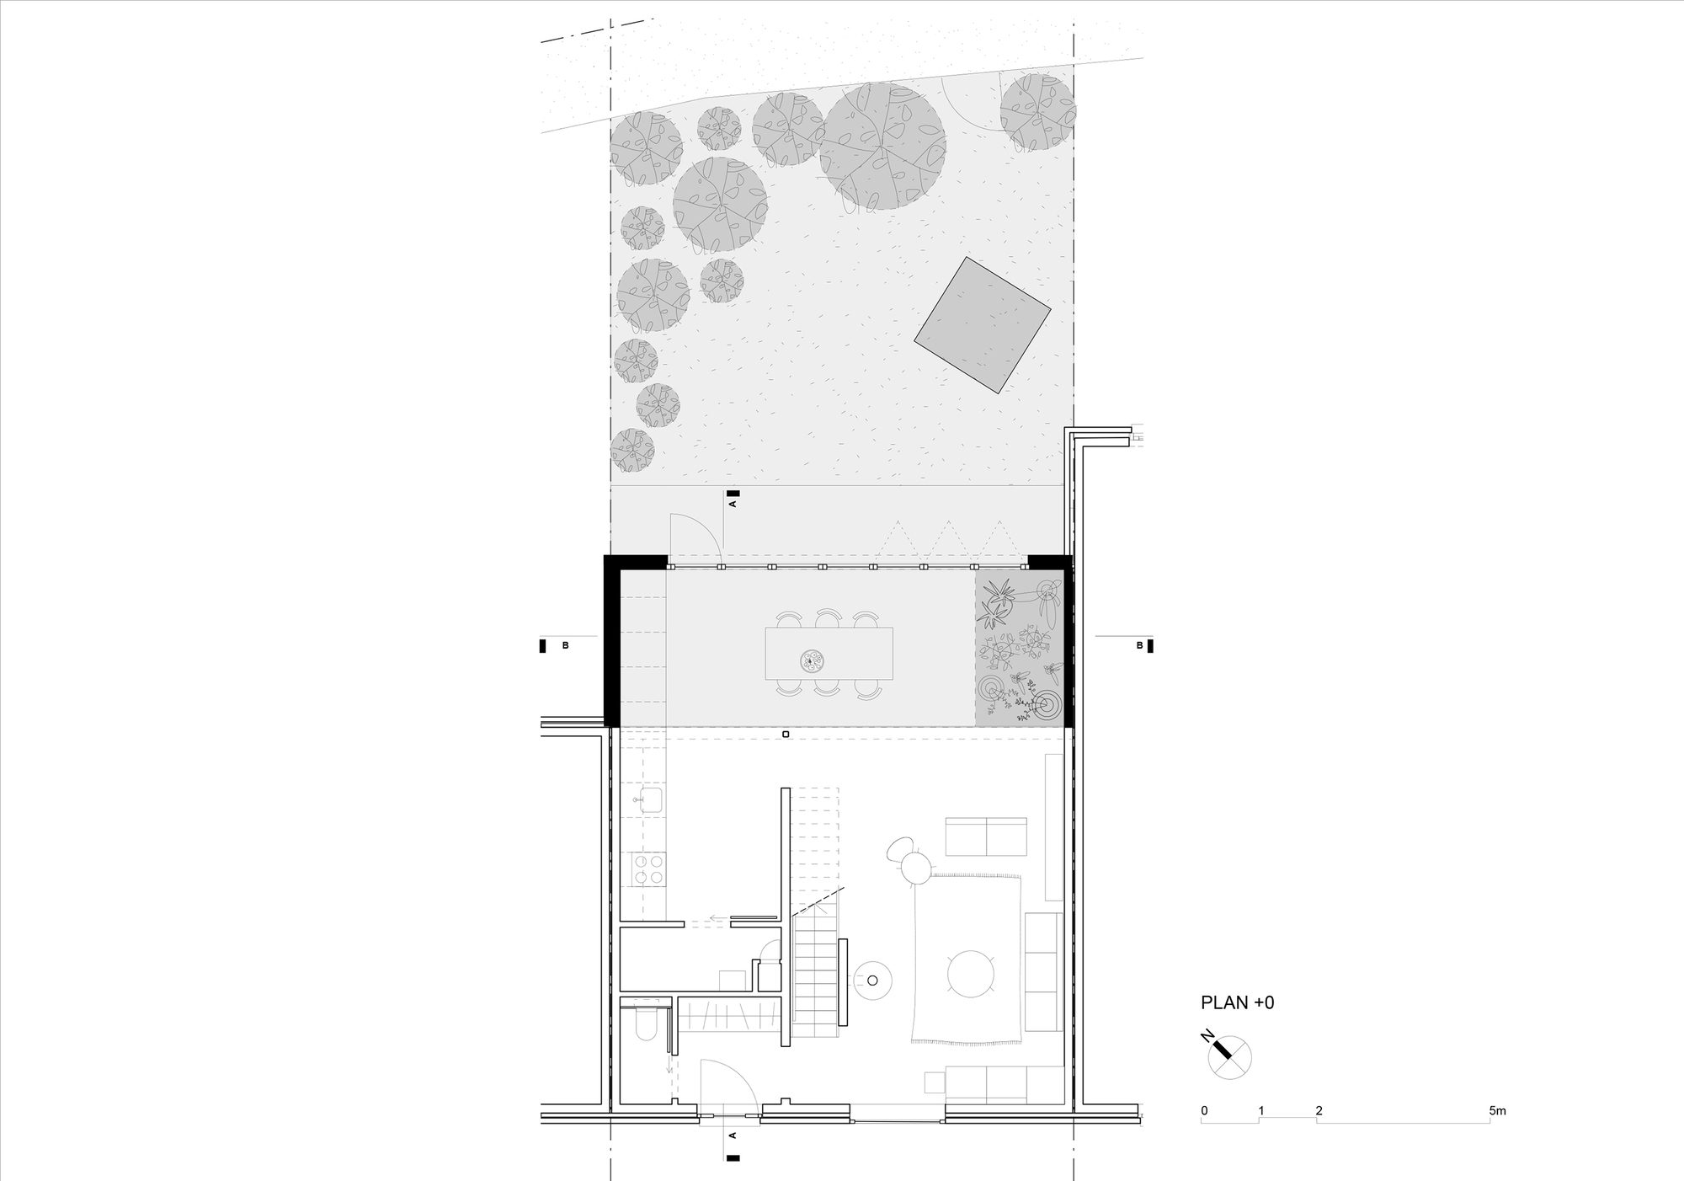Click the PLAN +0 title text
pos(1237,1002)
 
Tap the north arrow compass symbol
pos(1229,1056)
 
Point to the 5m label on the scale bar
pos(1497,1111)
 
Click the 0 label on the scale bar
pos(1204,1111)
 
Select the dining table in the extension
pos(829,653)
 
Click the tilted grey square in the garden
pos(983,325)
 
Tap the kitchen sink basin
pos(652,799)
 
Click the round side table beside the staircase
pos(873,980)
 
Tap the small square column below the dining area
pos(786,735)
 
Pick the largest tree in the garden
pos(882,147)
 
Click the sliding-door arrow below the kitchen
pos(716,920)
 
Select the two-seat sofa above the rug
pos(986,836)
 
